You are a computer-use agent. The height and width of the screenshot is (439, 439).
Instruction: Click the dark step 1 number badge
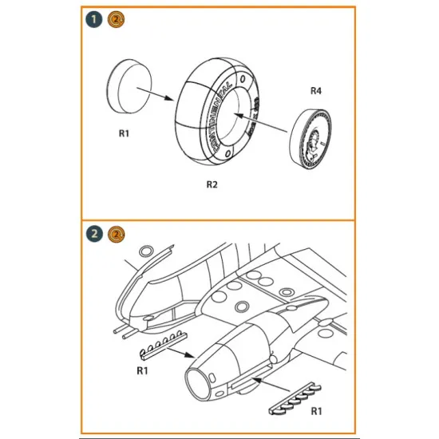point(94,17)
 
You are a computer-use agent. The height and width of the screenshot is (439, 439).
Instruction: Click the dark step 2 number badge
point(94,234)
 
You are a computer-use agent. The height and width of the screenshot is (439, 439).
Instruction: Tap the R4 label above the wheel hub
point(317,90)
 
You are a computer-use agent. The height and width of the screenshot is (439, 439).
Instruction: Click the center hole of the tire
point(235,125)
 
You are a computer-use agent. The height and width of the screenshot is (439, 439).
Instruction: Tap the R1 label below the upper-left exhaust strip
point(143,370)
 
